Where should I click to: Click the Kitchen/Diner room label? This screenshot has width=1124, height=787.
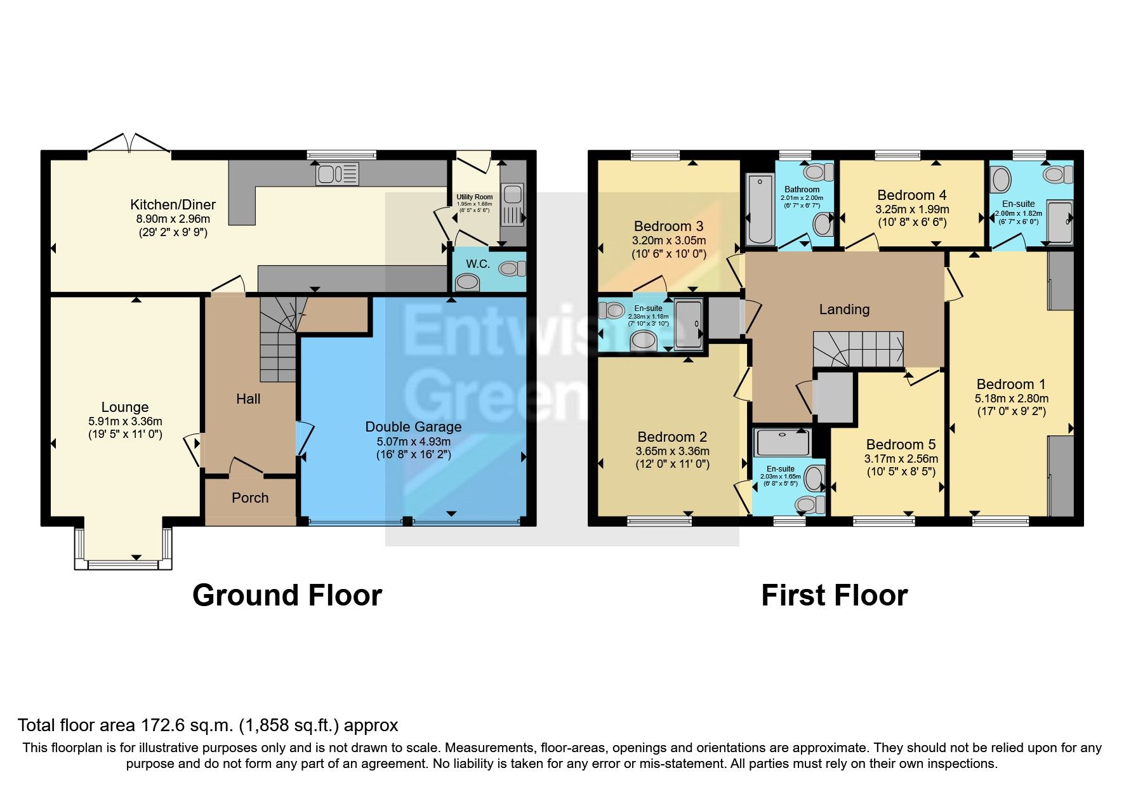173,204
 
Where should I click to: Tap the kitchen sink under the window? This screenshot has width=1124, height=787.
337,173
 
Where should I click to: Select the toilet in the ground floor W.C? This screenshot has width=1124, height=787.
512,268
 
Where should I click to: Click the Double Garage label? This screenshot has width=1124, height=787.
413,427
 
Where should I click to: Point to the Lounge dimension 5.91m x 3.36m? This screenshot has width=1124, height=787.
125,421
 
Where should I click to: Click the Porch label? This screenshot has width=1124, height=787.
250,498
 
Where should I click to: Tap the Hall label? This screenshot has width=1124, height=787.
248,399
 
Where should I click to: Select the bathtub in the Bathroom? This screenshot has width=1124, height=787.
759,209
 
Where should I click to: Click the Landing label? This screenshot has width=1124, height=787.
844,309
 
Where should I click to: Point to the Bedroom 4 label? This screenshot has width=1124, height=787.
911,195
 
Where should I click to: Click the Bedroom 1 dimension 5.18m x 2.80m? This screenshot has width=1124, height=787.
1011,398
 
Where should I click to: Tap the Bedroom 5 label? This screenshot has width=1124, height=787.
901,444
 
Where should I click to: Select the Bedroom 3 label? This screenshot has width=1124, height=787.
668,226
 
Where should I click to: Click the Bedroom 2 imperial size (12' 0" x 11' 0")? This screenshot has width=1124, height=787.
672,464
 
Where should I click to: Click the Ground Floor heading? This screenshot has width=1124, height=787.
287,595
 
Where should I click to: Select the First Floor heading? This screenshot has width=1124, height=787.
834,595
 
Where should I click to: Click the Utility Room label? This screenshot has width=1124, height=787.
474,197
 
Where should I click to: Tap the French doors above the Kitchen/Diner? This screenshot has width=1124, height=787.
129,143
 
